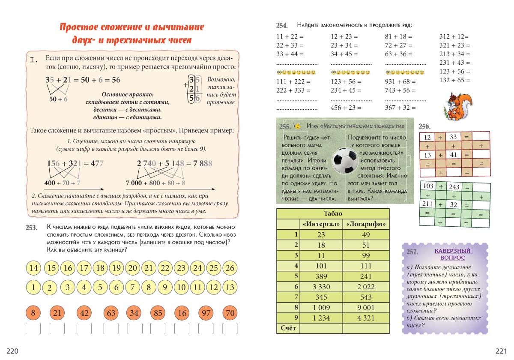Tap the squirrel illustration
tap(458, 105)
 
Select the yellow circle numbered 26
tap(230, 268)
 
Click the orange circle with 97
tap(206, 313)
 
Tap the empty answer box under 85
tap(158, 329)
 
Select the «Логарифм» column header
tap(366, 224)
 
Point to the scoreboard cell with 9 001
tap(366, 307)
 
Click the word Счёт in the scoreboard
tap(288, 328)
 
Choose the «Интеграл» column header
tap(321, 224)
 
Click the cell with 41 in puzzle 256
tap(454, 155)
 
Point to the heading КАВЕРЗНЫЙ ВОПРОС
tap(453, 254)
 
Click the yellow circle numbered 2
tap(50, 288)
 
